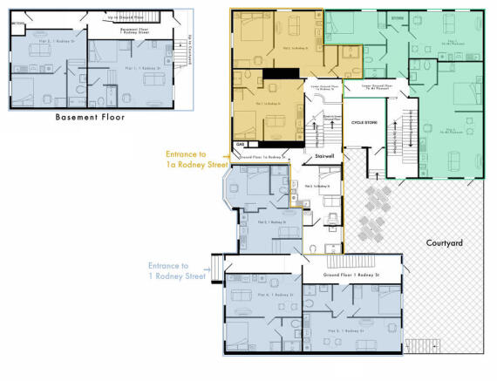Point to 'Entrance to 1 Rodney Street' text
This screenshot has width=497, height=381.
[177, 270]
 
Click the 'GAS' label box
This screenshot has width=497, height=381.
[240, 144]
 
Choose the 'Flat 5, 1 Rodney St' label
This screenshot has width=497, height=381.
[344, 331]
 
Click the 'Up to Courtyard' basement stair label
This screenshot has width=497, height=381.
[192, 44]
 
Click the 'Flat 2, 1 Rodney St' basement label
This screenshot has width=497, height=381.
[37, 40]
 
